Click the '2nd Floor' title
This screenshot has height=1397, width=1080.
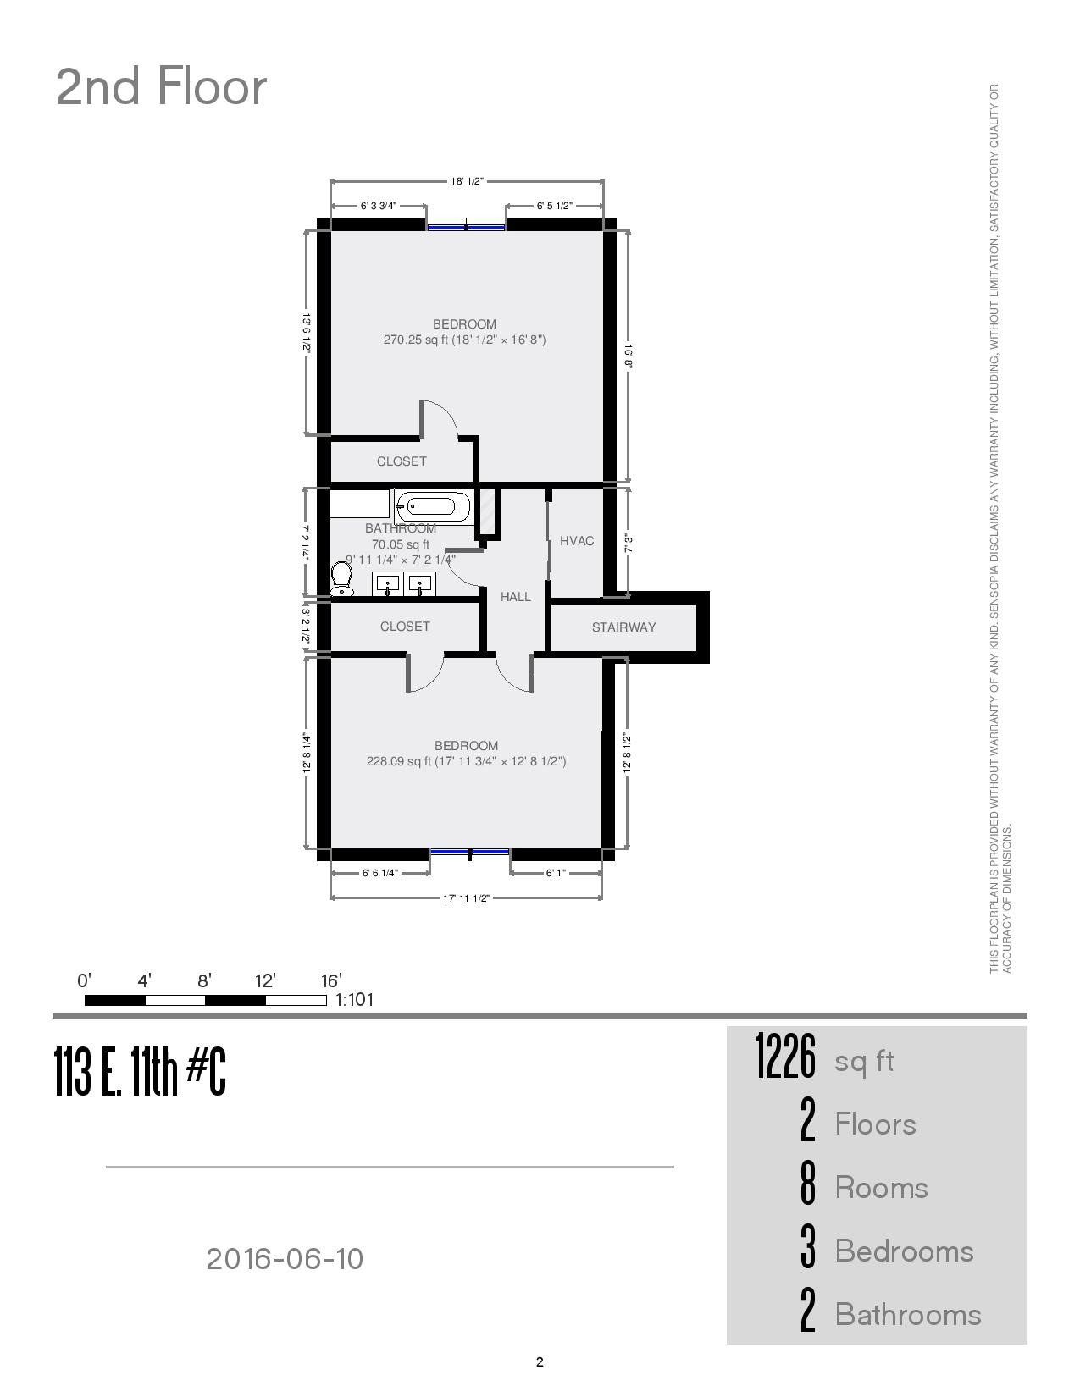(x=161, y=87)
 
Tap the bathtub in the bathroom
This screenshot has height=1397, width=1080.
(x=433, y=507)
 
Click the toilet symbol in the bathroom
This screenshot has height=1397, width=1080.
(x=342, y=579)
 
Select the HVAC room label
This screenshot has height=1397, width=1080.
(x=577, y=541)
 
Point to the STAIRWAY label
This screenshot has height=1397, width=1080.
(x=623, y=627)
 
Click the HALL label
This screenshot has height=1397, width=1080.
(x=515, y=597)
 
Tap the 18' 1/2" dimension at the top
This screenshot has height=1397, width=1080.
(x=466, y=181)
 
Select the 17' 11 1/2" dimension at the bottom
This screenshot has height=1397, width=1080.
(x=466, y=898)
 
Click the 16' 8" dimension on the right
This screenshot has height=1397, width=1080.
(x=628, y=356)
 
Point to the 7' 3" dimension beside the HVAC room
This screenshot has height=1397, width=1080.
(x=628, y=543)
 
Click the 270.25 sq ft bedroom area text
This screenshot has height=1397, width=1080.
(x=464, y=340)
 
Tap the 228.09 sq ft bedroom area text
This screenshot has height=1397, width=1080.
(x=466, y=761)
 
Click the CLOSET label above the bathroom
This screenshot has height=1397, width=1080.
(x=402, y=461)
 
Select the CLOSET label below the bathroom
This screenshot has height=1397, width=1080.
(x=405, y=627)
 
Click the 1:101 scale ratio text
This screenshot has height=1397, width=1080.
(x=355, y=1000)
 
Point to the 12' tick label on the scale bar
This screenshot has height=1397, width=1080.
(x=265, y=981)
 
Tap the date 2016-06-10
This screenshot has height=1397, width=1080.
(x=285, y=1259)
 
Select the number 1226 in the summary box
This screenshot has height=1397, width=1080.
(x=785, y=1057)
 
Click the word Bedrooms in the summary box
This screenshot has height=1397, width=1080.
(x=904, y=1251)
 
